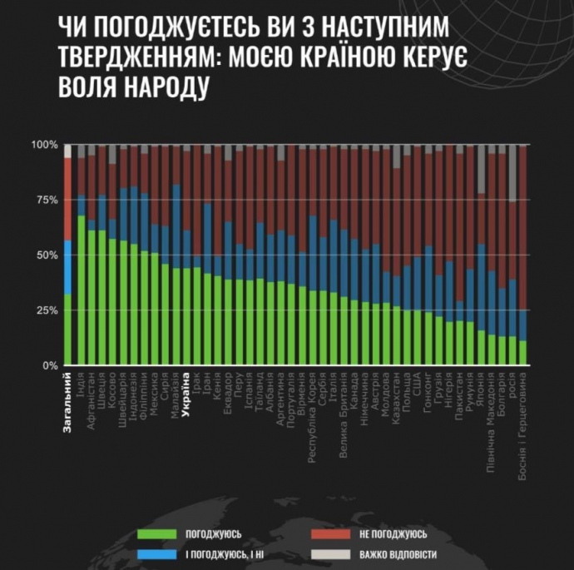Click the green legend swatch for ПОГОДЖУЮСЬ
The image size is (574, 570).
pos(159,533)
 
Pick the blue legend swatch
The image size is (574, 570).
pos(159,554)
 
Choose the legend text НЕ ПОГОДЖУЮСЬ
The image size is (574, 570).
pos(393,533)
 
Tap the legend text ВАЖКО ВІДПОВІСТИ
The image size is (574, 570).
pos(398,554)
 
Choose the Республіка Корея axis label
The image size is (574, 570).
pos(312,415)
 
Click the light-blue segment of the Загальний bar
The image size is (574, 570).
pos(67,267)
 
